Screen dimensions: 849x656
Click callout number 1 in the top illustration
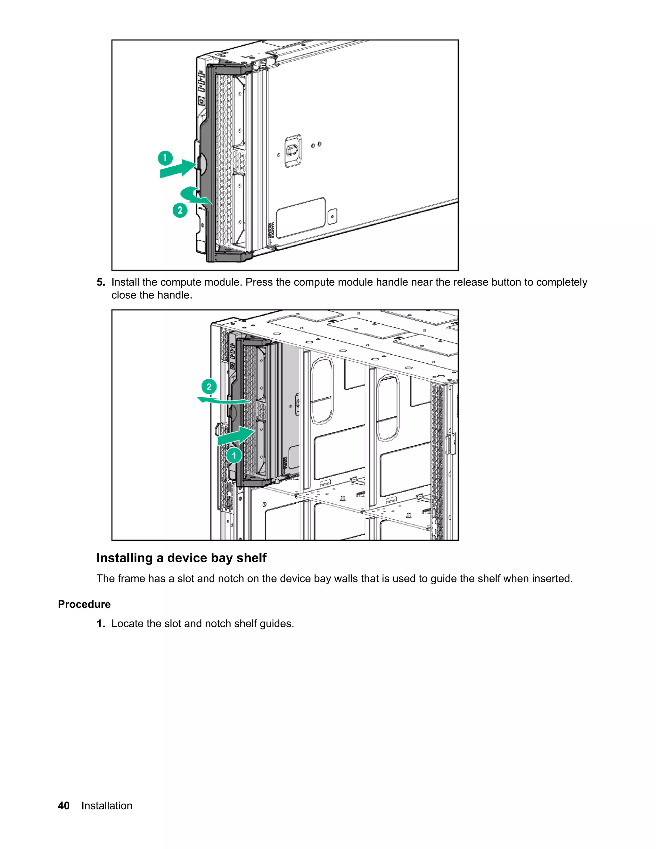tap(165, 158)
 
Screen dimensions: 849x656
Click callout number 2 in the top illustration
tap(180, 210)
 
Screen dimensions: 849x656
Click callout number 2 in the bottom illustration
tap(209, 386)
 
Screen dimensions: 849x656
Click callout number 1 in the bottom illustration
tap(234, 456)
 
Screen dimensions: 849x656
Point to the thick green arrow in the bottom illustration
tap(235, 436)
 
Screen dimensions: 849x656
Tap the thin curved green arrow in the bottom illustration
tap(224, 401)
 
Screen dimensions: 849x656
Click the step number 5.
tap(101, 282)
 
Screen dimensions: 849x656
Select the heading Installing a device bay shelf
tap(182, 558)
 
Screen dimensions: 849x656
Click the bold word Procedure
tap(84, 604)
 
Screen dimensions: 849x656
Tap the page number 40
tap(64, 805)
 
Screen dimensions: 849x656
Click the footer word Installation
tap(107, 805)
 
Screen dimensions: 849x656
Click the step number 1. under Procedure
tap(101, 623)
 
